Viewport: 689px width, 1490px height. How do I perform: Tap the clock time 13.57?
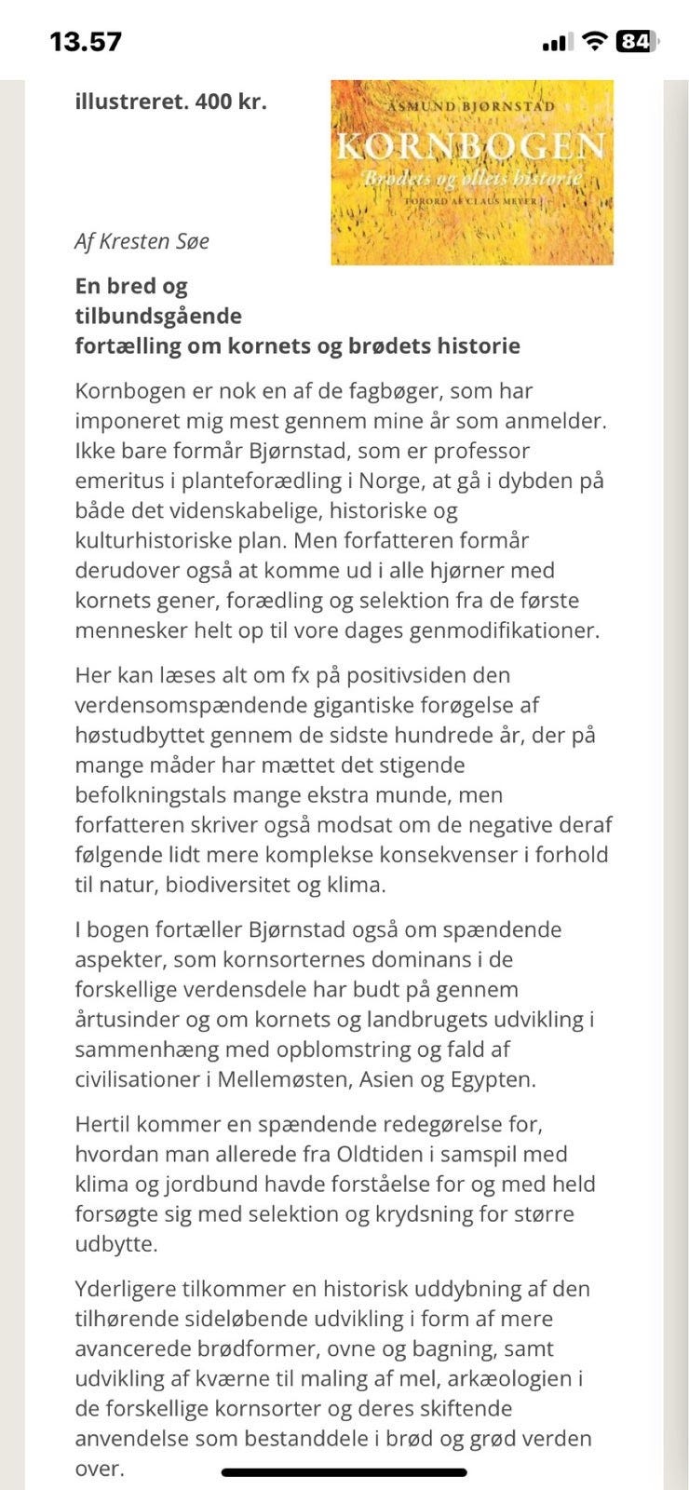(x=86, y=42)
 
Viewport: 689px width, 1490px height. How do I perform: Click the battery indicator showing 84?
(x=637, y=41)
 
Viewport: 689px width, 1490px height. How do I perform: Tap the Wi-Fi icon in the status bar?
(x=593, y=41)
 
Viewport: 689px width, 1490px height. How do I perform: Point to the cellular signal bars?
(x=557, y=42)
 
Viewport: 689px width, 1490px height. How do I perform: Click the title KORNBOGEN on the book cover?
(x=470, y=145)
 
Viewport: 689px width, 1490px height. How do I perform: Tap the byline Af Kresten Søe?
(x=142, y=241)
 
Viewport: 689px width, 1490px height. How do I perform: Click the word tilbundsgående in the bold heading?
(x=158, y=316)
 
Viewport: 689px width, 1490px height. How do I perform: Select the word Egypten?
(x=492, y=1079)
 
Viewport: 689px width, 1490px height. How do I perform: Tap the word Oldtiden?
(x=360, y=1154)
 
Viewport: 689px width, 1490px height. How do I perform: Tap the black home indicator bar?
(x=344, y=1472)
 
